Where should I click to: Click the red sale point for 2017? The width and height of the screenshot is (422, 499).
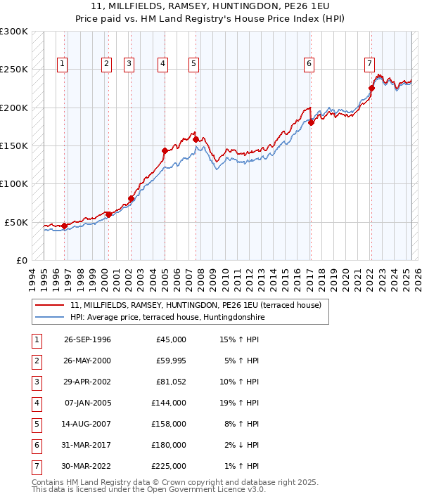pos(310,123)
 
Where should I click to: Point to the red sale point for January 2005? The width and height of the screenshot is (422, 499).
pos(165,150)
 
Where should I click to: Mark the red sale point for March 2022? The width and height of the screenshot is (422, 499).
pos(371,89)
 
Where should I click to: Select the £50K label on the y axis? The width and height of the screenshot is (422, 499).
pos(16,222)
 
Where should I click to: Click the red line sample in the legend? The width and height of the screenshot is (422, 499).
pos(50,306)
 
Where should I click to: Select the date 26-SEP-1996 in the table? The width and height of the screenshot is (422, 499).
pos(87,339)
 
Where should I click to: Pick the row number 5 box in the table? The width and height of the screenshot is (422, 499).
pos(36,424)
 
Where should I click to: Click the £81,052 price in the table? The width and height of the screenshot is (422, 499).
pos(171,382)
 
